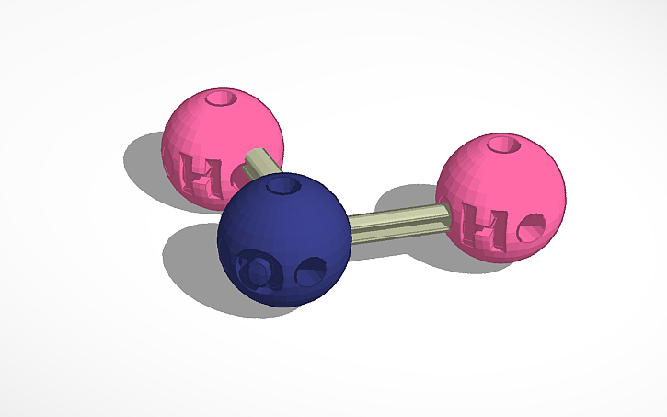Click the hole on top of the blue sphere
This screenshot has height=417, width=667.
click(284, 187)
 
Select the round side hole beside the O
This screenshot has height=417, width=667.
click(311, 272)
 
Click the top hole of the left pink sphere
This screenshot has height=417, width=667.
click(222, 97)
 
